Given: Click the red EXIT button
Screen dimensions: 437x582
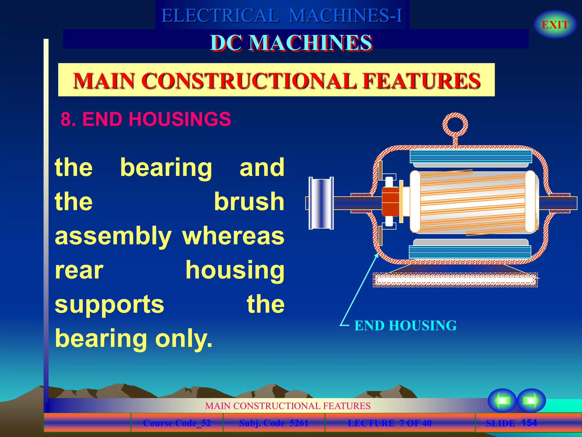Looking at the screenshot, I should point(555,25).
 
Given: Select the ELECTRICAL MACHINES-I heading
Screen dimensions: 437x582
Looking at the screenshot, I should point(282,15).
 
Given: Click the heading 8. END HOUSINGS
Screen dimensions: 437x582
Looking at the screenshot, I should point(146,119).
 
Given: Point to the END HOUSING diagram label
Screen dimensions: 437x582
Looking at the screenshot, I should point(405,325).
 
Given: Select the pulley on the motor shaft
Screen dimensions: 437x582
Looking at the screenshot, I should point(321,203).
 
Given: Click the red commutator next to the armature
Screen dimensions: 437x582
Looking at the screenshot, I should point(391,202).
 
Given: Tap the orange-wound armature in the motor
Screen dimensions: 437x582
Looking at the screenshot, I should point(473,202).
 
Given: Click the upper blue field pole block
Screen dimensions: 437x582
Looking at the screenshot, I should point(471,156).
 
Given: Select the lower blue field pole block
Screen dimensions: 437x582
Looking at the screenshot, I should point(470,252).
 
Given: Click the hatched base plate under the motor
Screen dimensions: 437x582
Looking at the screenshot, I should point(455,280).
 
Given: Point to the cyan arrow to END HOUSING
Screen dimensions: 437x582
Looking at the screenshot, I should point(359,289).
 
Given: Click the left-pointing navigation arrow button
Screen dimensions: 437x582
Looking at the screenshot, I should point(502,400).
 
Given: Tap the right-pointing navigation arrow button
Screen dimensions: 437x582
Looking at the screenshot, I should point(531,400).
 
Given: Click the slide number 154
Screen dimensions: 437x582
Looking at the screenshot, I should point(529,423).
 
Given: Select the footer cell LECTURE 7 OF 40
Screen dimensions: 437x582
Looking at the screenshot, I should point(390,423).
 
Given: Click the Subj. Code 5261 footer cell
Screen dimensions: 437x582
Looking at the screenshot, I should point(274,423).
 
